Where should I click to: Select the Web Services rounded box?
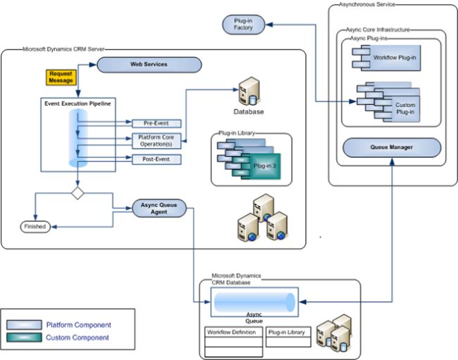tap(149, 65)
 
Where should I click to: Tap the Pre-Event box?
tap(156, 123)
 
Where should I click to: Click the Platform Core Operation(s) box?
tap(156, 139)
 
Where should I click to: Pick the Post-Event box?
tap(156, 159)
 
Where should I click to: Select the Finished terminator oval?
tap(35, 226)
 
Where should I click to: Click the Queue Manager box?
tap(391, 147)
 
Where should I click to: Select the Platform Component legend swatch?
tap(25, 325)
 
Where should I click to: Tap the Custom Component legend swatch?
tap(25, 337)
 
